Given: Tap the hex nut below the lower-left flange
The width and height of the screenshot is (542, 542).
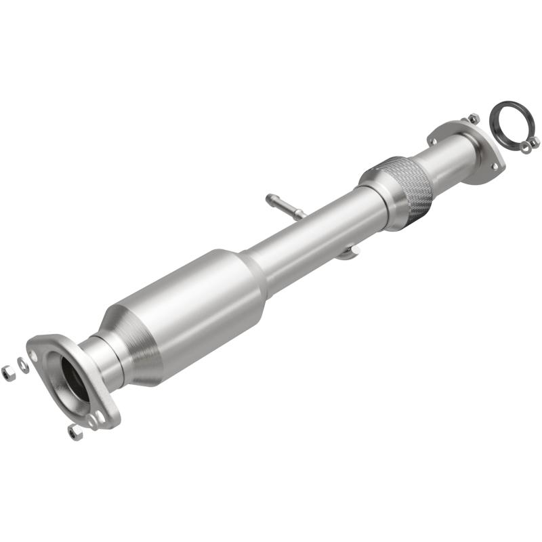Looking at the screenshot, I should [75, 432].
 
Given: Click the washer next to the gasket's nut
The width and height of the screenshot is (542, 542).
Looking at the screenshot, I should [525, 149].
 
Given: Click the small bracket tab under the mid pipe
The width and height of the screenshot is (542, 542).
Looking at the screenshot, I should [347, 253].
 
